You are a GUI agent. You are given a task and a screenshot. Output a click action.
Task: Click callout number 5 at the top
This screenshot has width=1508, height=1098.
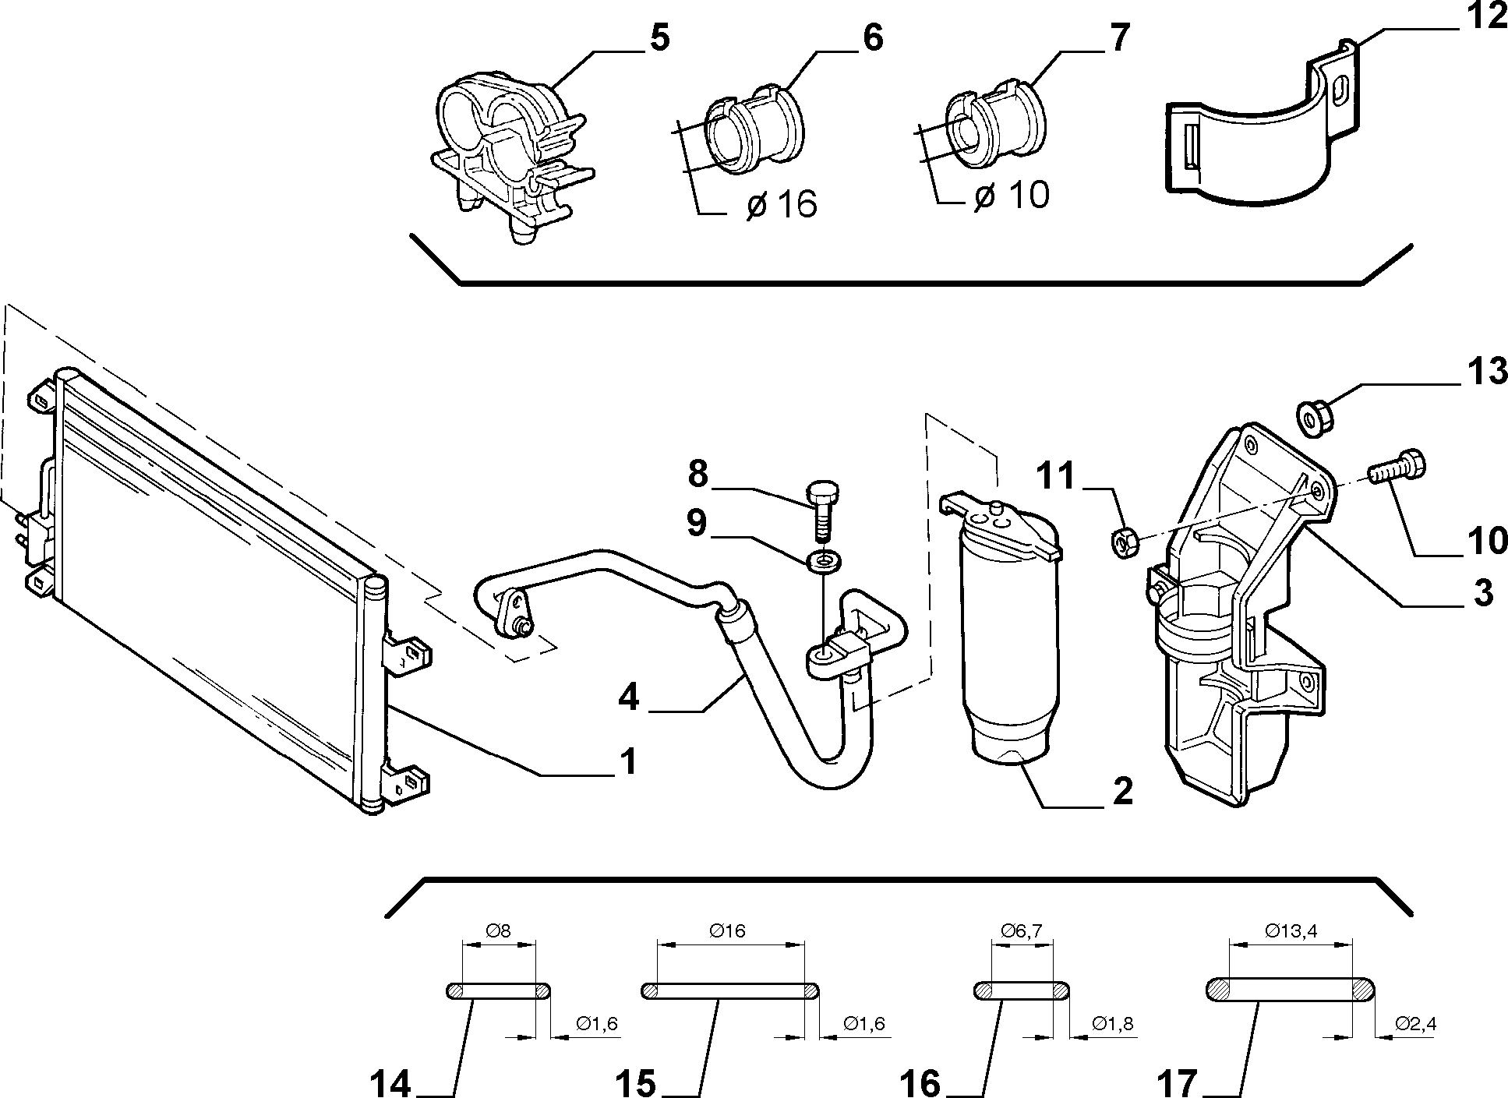[659, 38]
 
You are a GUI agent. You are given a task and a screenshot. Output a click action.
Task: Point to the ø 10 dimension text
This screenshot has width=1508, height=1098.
[1012, 195]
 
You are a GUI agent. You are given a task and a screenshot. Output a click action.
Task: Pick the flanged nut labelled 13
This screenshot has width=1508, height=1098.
[1315, 417]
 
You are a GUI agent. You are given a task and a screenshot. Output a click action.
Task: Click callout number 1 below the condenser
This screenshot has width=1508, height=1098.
[628, 761]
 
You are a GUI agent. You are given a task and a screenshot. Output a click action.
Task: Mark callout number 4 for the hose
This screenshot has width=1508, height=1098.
[628, 697]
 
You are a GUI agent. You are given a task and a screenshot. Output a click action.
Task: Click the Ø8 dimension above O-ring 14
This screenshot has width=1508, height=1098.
[499, 930]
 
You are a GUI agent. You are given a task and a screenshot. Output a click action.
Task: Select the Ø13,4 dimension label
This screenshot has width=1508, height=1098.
[1291, 930]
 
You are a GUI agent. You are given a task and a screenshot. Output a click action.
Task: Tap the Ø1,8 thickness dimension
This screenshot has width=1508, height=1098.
[1111, 1023]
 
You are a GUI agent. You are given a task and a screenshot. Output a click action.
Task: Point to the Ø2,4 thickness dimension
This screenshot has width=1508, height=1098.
[1415, 1023]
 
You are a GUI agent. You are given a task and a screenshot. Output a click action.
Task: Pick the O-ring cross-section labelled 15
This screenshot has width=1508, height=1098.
[730, 990]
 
